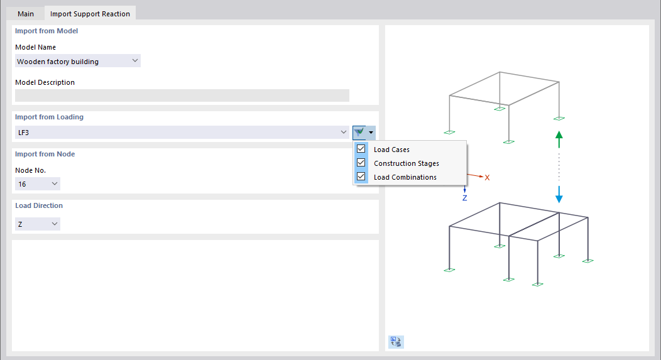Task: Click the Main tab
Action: tap(26, 14)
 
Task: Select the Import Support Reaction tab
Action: tap(90, 14)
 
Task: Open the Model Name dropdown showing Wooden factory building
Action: tap(78, 61)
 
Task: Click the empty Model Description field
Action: tap(182, 95)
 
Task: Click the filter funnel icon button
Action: tap(359, 132)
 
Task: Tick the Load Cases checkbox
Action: tap(361, 150)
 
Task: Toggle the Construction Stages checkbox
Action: tap(361, 163)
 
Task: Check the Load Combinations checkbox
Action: tap(361, 177)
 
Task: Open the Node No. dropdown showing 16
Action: tap(38, 184)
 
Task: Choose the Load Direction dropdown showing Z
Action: tap(38, 224)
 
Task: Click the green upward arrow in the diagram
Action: tap(559, 138)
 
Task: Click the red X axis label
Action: tap(487, 178)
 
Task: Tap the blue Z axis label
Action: tap(465, 198)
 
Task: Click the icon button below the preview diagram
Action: tap(396, 342)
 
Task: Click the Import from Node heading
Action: tap(45, 154)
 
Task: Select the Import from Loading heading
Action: tap(49, 117)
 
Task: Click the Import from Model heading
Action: tap(46, 31)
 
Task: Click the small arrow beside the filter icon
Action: tap(371, 132)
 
